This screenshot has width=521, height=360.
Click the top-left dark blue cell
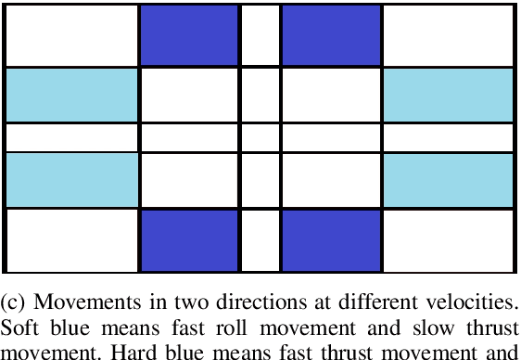click(x=189, y=35)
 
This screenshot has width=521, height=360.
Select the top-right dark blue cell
click(x=331, y=35)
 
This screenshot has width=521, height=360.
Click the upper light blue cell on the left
click(x=71, y=95)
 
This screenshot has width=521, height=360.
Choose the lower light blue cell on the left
click(x=71, y=180)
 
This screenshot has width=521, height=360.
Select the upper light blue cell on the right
click(x=448, y=95)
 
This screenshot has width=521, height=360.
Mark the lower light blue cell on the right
click(x=448, y=180)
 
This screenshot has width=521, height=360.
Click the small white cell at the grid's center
click(x=260, y=137)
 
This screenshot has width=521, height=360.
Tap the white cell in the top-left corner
click(x=71, y=35)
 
